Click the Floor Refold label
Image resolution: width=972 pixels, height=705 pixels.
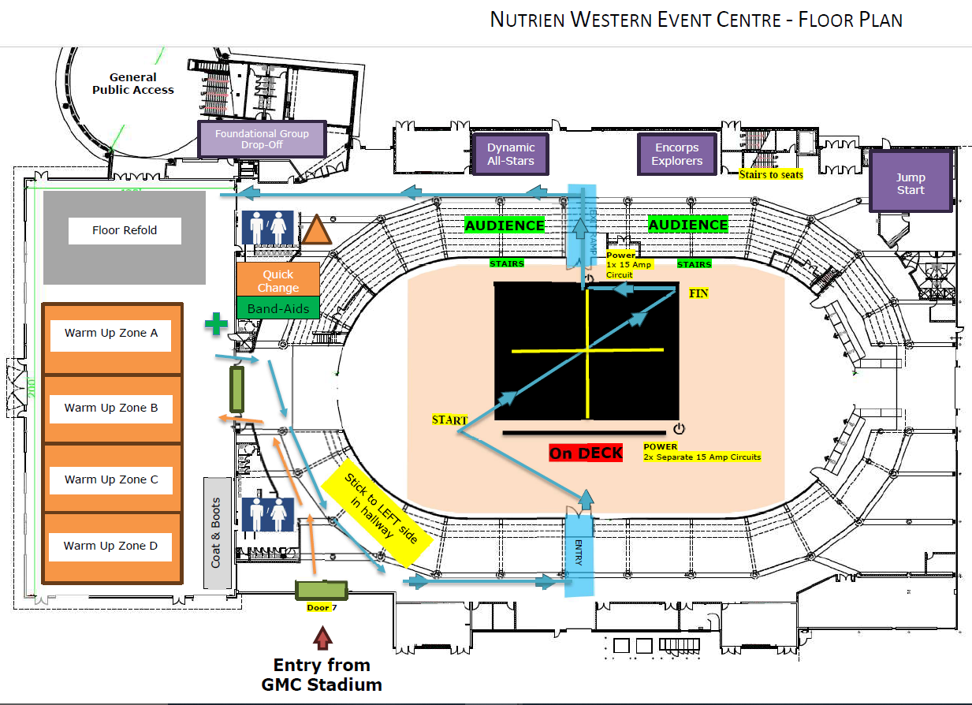(x=125, y=230)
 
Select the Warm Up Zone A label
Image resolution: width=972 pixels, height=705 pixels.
(x=111, y=334)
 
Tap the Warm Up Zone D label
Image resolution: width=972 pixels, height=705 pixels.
(x=110, y=546)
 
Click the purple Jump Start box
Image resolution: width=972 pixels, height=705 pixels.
(x=911, y=184)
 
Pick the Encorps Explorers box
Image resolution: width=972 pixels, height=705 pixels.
(x=676, y=155)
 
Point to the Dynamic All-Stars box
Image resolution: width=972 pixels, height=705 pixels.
(x=510, y=155)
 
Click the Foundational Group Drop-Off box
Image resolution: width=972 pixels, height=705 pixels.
(x=262, y=140)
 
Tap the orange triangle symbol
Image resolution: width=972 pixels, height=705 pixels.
(x=317, y=229)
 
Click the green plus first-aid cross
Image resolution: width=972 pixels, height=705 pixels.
(x=214, y=323)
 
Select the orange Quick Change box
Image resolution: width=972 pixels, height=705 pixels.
(x=278, y=280)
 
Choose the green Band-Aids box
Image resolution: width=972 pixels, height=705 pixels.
(x=278, y=308)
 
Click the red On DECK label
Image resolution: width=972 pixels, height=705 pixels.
(x=586, y=453)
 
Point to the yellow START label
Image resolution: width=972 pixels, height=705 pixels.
(x=449, y=420)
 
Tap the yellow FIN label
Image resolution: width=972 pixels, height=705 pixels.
(x=698, y=293)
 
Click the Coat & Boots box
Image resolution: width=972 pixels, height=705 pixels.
(x=217, y=532)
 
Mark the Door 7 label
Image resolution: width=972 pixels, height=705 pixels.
(x=322, y=608)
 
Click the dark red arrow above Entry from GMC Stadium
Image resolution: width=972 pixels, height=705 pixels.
(x=321, y=636)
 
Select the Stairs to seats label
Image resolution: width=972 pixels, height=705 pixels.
(x=771, y=174)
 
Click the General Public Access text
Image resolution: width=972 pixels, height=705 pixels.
(x=132, y=84)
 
